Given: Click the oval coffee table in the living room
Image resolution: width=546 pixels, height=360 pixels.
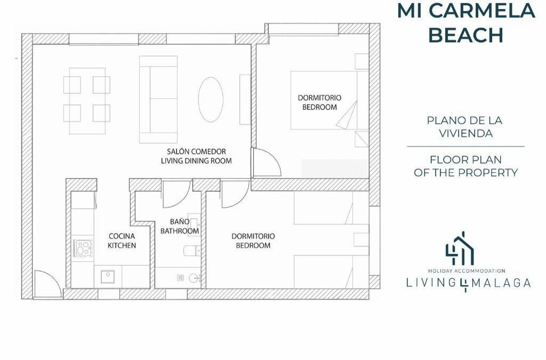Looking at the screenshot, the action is click(211, 99).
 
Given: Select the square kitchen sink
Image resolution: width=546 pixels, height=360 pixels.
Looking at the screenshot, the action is click(108, 276).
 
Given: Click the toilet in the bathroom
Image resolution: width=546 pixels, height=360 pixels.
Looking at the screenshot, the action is click(192, 250).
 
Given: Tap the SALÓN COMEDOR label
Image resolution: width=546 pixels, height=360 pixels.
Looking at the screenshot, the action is click(196, 151).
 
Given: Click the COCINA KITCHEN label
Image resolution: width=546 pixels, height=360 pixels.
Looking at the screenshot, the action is click(122, 241).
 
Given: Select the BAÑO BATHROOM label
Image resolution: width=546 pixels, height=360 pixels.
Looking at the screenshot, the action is click(180, 226).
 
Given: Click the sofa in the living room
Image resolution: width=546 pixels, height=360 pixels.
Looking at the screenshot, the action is click(158, 100).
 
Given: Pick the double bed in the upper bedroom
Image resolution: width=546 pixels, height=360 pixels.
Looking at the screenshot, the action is click(330, 100).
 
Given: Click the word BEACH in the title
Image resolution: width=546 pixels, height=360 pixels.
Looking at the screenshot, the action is click(465, 35).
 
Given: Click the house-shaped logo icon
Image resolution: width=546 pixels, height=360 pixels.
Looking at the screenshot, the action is click(460, 248).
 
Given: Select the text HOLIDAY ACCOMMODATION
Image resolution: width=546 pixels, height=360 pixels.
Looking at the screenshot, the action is click(467, 270).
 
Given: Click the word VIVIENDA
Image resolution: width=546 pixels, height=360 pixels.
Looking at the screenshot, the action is click(466, 133).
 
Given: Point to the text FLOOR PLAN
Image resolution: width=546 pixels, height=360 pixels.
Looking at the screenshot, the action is click(466, 160).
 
